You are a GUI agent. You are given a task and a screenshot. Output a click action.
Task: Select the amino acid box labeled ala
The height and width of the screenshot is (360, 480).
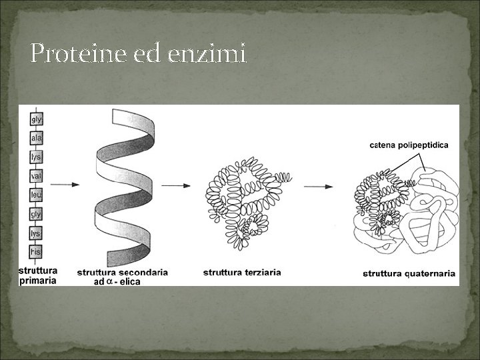[37, 139]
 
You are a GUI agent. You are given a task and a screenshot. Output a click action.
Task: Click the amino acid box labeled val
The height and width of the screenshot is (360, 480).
[37, 177]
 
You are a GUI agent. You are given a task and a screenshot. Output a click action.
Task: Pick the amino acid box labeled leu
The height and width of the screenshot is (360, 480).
[37, 195]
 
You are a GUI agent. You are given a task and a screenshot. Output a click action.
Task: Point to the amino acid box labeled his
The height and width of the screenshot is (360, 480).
[37, 252]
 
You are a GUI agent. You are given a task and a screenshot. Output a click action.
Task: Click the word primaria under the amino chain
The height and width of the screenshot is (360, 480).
[38, 281]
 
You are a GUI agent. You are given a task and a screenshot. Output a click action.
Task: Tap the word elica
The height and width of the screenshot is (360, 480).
[129, 281]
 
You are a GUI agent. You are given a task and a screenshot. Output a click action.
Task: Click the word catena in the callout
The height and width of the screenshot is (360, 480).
[382, 144]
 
